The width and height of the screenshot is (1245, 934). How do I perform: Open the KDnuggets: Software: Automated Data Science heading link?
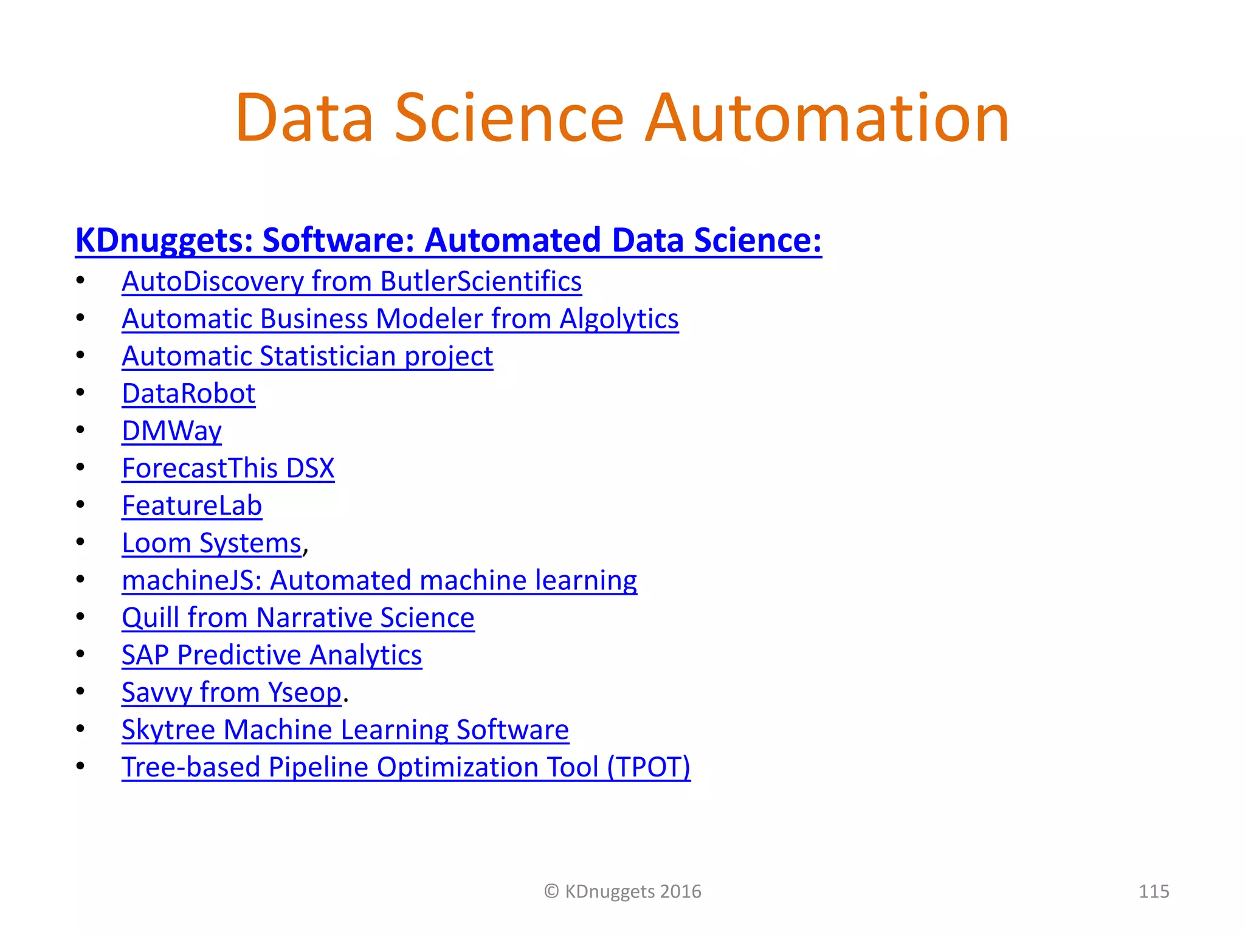[x=448, y=240]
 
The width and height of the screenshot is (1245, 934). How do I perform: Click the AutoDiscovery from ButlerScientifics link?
[x=351, y=282]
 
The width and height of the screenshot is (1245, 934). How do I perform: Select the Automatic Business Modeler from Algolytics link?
[x=400, y=319]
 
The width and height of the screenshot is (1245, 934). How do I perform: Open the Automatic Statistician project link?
[x=307, y=356]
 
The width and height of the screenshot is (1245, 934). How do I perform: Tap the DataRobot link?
[x=188, y=394]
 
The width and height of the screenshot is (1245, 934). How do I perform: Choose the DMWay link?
[x=171, y=431]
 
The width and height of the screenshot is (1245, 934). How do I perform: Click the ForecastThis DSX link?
[x=228, y=469]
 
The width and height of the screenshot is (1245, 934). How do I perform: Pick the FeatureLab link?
[x=191, y=506]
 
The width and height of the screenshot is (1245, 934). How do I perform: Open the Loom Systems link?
[x=212, y=543]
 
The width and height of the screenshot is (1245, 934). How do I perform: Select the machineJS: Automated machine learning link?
[x=379, y=581]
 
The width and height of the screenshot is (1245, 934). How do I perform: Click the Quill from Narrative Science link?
[x=298, y=618]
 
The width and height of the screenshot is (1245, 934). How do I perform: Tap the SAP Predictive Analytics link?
[x=272, y=656]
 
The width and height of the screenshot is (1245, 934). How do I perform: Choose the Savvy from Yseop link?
[x=232, y=693]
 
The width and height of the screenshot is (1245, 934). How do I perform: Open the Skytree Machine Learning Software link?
[x=345, y=730]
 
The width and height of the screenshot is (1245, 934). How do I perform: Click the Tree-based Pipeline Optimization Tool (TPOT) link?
[x=406, y=767]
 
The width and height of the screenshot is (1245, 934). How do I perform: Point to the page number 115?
[x=1153, y=891]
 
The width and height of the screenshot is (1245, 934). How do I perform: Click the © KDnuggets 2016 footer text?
[x=622, y=891]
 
